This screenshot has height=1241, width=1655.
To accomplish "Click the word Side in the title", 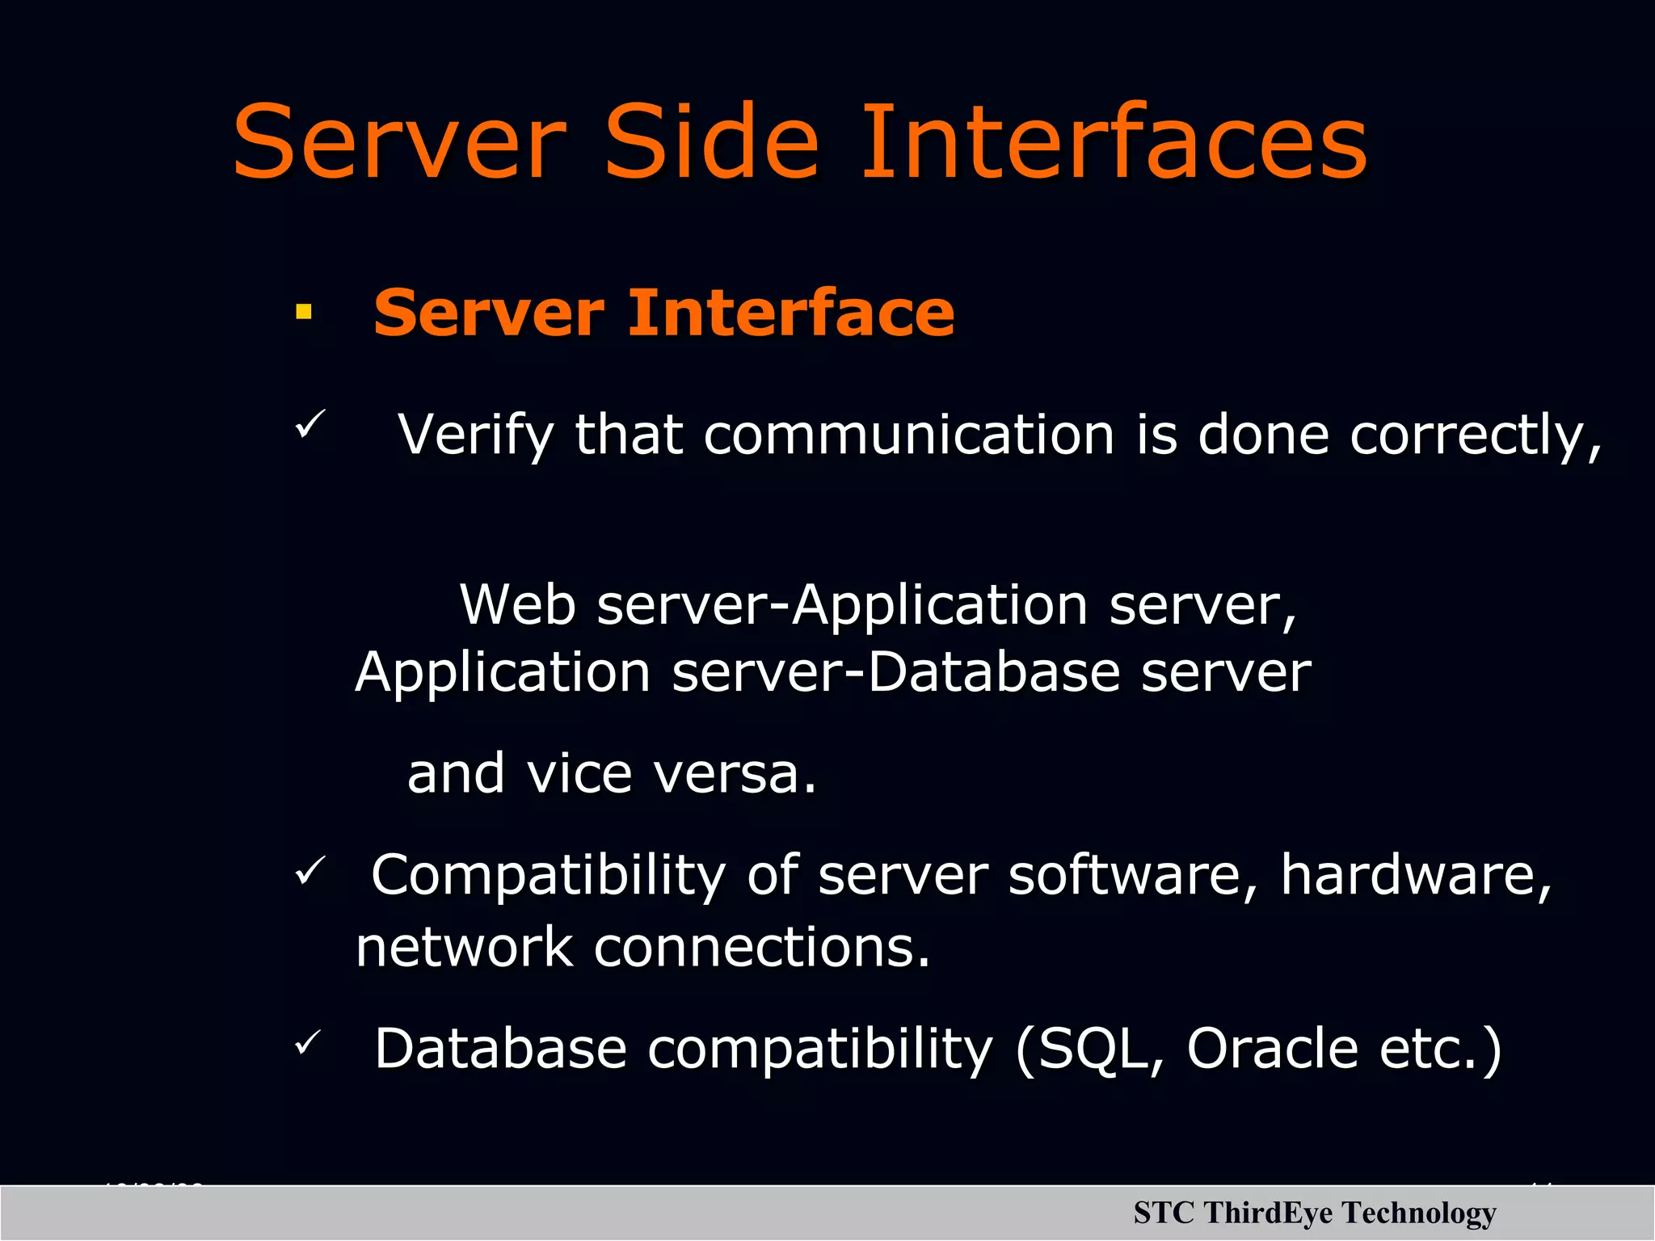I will click(x=711, y=143).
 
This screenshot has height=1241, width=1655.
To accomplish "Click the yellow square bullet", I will click(x=304, y=313).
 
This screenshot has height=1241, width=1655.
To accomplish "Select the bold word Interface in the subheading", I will click(x=791, y=313).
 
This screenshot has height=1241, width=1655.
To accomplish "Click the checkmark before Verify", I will click(x=310, y=424).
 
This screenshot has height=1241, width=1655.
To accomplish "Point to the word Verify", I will click(x=475, y=436).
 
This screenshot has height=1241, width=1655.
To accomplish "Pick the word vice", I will click(x=579, y=773).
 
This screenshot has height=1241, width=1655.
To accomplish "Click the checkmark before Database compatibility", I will click(x=308, y=1043).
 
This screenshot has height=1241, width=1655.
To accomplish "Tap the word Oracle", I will click(x=1272, y=1049).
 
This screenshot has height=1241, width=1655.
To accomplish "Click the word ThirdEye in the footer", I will click(x=1267, y=1213).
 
